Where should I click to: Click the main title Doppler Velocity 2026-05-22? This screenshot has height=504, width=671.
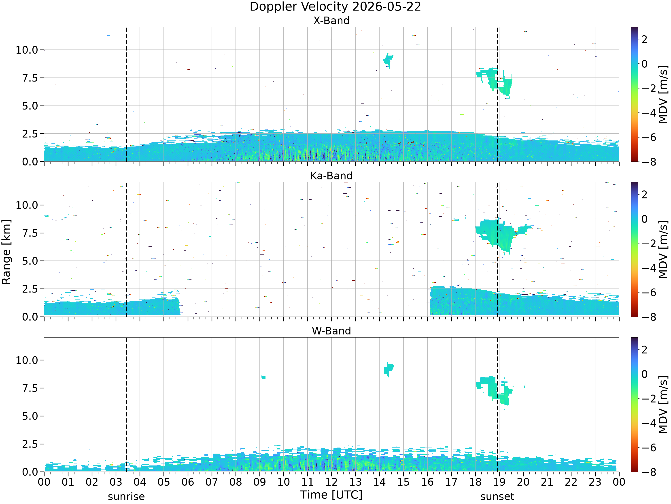[335, 7]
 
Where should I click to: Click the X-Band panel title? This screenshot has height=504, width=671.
[331, 20]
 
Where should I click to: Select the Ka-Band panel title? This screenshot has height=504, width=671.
[331, 176]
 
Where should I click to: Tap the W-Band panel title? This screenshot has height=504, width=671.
[331, 331]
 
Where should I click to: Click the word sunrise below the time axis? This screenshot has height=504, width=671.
[126, 497]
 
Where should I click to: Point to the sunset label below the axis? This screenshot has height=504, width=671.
[497, 497]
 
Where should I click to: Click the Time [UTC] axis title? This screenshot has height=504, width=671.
[331, 495]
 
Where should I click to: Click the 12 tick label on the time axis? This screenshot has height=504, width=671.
[331, 482]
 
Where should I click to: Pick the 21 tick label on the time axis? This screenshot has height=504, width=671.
[547, 482]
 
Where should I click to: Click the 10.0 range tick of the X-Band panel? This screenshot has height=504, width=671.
[27, 50]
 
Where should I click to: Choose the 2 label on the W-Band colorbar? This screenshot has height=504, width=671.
[644, 350]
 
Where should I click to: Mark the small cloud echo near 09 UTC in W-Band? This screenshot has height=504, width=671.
[263, 377]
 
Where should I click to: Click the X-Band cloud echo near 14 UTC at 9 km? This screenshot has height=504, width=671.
[388, 60]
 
